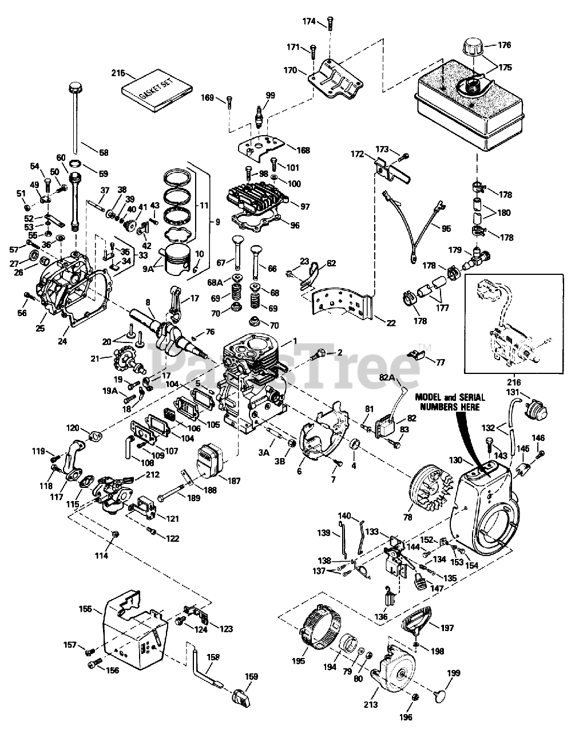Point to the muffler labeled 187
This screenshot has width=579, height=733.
pos(212,458)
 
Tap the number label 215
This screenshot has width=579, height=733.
pos(118,73)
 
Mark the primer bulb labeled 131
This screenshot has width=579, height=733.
pos(538,411)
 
